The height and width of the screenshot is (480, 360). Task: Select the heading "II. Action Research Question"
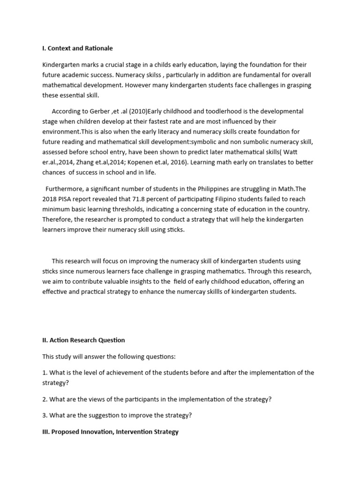click(x=83, y=340)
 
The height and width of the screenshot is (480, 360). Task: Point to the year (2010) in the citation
click(x=135, y=112)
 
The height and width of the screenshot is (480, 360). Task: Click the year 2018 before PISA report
click(x=51, y=199)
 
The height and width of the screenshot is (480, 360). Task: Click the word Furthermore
click(x=65, y=188)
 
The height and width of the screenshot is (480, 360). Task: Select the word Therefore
click(x=58, y=219)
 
